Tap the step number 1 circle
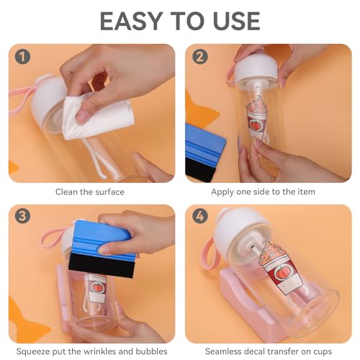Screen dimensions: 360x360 (x=22, y=57)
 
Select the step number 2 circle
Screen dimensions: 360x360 (x=200, y=57)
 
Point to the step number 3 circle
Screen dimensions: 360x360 (x=22, y=216)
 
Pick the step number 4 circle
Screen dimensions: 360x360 (x=200, y=216)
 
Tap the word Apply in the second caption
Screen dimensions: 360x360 (x=222, y=192)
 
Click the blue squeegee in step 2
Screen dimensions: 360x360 (x=205, y=153)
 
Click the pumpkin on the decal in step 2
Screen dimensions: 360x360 (x=255, y=125)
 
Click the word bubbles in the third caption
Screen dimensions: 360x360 (x=151, y=351)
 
